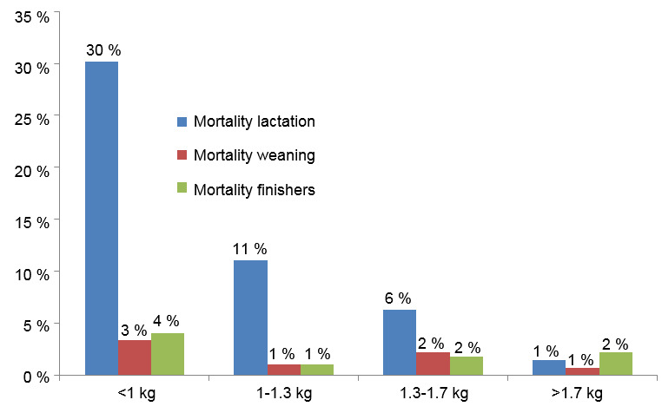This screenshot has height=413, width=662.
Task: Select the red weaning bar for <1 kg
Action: [x=135, y=357]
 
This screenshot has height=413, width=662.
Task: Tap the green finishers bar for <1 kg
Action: [x=168, y=354]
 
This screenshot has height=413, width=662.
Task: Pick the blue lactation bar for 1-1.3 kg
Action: [x=250, y=318]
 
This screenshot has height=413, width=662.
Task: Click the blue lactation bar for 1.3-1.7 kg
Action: [x=400, y=342]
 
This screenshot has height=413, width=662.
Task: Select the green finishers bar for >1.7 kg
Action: [x=616, y=364]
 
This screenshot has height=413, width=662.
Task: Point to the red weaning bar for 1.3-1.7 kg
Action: [x=433, y=364]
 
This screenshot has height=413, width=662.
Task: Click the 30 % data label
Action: [x=102, y=50]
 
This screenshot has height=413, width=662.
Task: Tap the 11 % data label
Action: [x=250, y=248]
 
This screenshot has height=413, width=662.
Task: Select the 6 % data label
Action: [x=399, y=298]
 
